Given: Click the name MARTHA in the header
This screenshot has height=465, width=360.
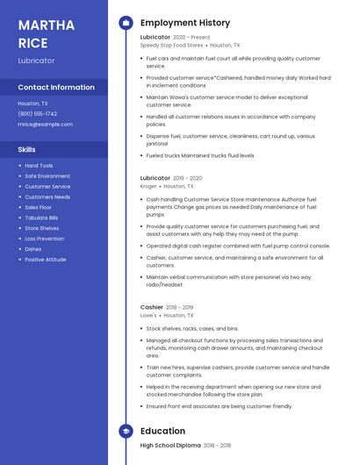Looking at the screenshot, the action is (x=46, y=25).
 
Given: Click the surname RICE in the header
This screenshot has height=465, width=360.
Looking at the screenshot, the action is (x=32, y=43).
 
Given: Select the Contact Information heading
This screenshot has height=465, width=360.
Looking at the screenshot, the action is (x=56, y=88).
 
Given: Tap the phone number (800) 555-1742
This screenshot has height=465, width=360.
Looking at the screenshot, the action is (x=37, y=114).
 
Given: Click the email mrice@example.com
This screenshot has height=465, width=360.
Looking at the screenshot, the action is (x=45, y=125).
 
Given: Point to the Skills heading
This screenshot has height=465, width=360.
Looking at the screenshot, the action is (x=27, y=150).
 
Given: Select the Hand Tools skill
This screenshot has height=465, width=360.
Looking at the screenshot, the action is (x=39, y=166).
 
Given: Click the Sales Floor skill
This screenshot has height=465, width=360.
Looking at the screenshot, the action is (x=38, y=208).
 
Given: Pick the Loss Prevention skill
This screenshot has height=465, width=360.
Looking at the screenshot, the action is (x=44, y=239).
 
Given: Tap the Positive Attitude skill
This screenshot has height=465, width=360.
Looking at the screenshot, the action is (x=46, y=260).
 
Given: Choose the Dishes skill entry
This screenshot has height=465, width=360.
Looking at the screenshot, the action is (x=32, y=249).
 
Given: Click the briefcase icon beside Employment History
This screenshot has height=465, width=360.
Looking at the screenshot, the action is (x=126, y=22).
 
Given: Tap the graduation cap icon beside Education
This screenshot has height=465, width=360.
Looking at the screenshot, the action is (x=126, y=431).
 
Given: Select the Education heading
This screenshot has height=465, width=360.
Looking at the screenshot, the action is (x=162, y=431).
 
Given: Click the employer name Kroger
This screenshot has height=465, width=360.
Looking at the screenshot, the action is (x=148, y=186).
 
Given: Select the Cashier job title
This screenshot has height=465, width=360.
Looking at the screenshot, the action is (x=152, y=307).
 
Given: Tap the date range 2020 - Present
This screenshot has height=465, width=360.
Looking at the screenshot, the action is (x=191, y=38).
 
